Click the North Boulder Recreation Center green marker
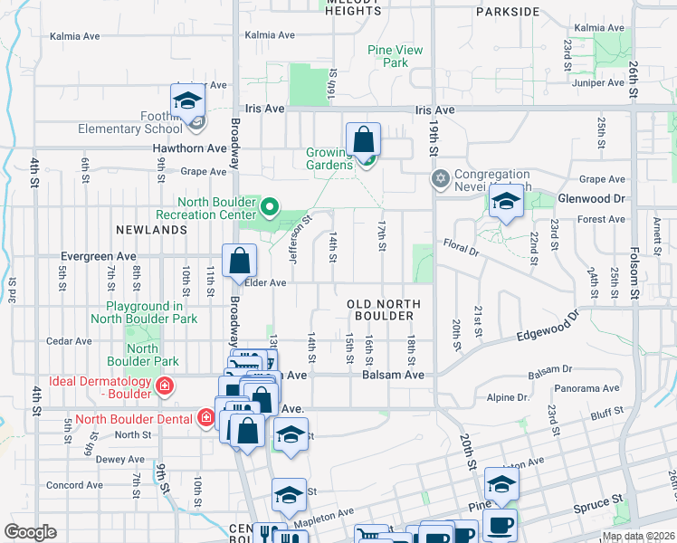[x=269, y=207]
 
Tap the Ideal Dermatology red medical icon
[x=165, y=388]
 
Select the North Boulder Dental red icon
[x=206, y=418]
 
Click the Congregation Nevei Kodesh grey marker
[x=440, y=177]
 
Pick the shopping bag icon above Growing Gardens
[x=363, y=140]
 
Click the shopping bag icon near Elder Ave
[x=240, y=262]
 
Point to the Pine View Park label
[x=396, y=56]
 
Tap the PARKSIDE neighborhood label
[x=507, y=13]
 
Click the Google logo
[x=30, y=532]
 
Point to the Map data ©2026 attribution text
[x=637, y=536]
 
